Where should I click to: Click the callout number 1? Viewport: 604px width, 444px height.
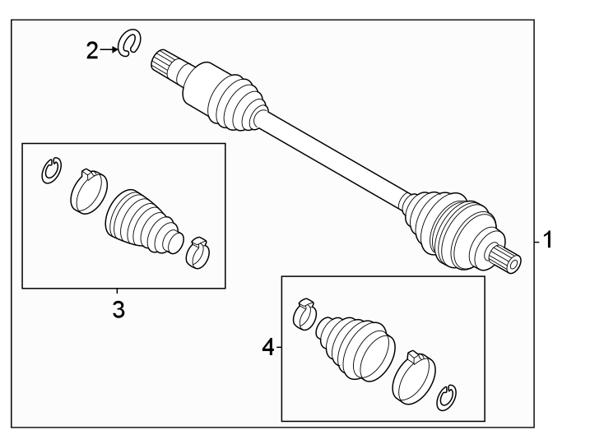pos(547,239)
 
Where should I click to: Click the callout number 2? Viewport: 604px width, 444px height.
pos(92,51)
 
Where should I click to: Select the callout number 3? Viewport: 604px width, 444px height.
pos(118,309)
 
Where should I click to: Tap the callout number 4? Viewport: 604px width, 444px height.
pos(268,347)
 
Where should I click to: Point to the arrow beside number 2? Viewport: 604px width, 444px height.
pos(109,49)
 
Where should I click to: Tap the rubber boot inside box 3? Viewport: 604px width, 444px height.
pos(142,222)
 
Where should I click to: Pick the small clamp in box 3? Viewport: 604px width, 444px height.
pos(198,252)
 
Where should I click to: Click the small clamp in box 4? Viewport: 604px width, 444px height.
pos(304,313)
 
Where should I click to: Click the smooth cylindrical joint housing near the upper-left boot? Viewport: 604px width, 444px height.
pos(198,86)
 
